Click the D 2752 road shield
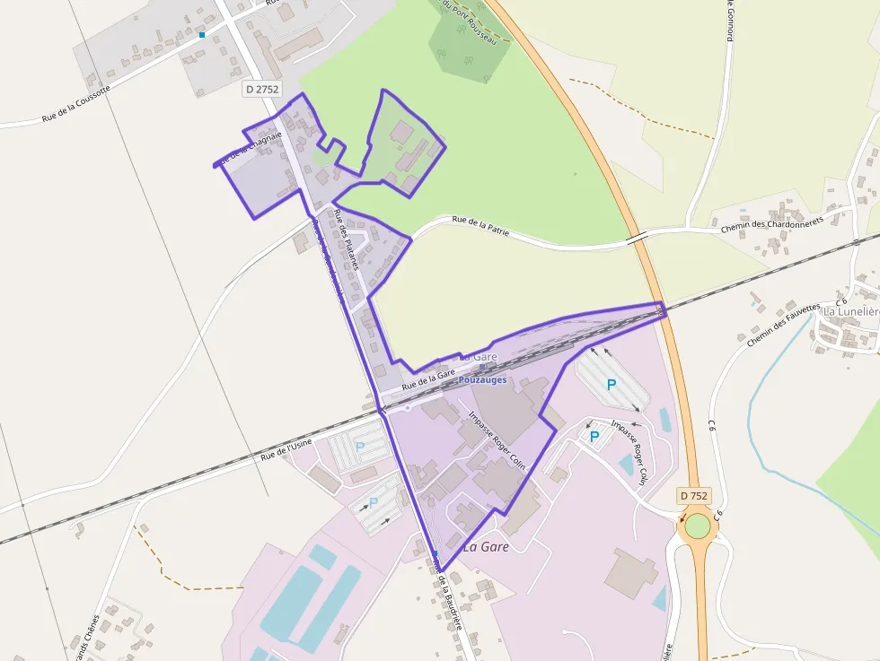262,89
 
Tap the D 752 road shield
694,495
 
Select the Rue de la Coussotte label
76,104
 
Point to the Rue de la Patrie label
480,225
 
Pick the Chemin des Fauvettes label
783,324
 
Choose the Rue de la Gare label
429,378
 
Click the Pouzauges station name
483,379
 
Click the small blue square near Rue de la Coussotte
202,35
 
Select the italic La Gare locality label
486,546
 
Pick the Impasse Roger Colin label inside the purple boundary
497,441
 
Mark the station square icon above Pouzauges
483,367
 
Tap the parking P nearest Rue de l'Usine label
360,446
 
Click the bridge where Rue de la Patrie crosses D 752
637,238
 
